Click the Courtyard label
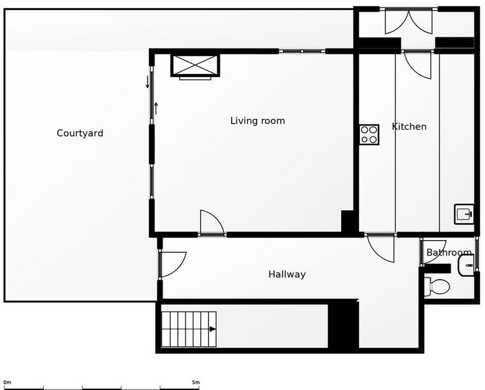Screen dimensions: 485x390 (80, 133)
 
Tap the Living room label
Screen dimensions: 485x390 (258, 121)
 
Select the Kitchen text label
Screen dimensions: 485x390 (409, 126)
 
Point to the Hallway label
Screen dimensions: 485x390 (287, 274)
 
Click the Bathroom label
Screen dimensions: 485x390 (449, 253)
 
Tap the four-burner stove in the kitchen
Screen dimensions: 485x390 (369, 134)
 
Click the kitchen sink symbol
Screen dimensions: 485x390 (464, 214)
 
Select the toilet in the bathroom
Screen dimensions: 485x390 (436, 286)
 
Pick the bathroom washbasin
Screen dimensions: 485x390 (466, 265)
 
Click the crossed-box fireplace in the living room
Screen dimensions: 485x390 (195, 65)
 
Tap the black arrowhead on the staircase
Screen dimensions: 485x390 (212, 329)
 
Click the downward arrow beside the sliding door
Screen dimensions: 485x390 (148, 82)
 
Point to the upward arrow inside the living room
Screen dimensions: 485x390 (156, 108)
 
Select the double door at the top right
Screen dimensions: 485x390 (408, 21)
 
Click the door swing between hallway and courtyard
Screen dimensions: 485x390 (172, 264)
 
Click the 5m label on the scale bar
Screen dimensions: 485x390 (195, 383)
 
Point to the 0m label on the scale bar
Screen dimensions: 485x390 (7, 383)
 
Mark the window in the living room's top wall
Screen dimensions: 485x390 (302, 51)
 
